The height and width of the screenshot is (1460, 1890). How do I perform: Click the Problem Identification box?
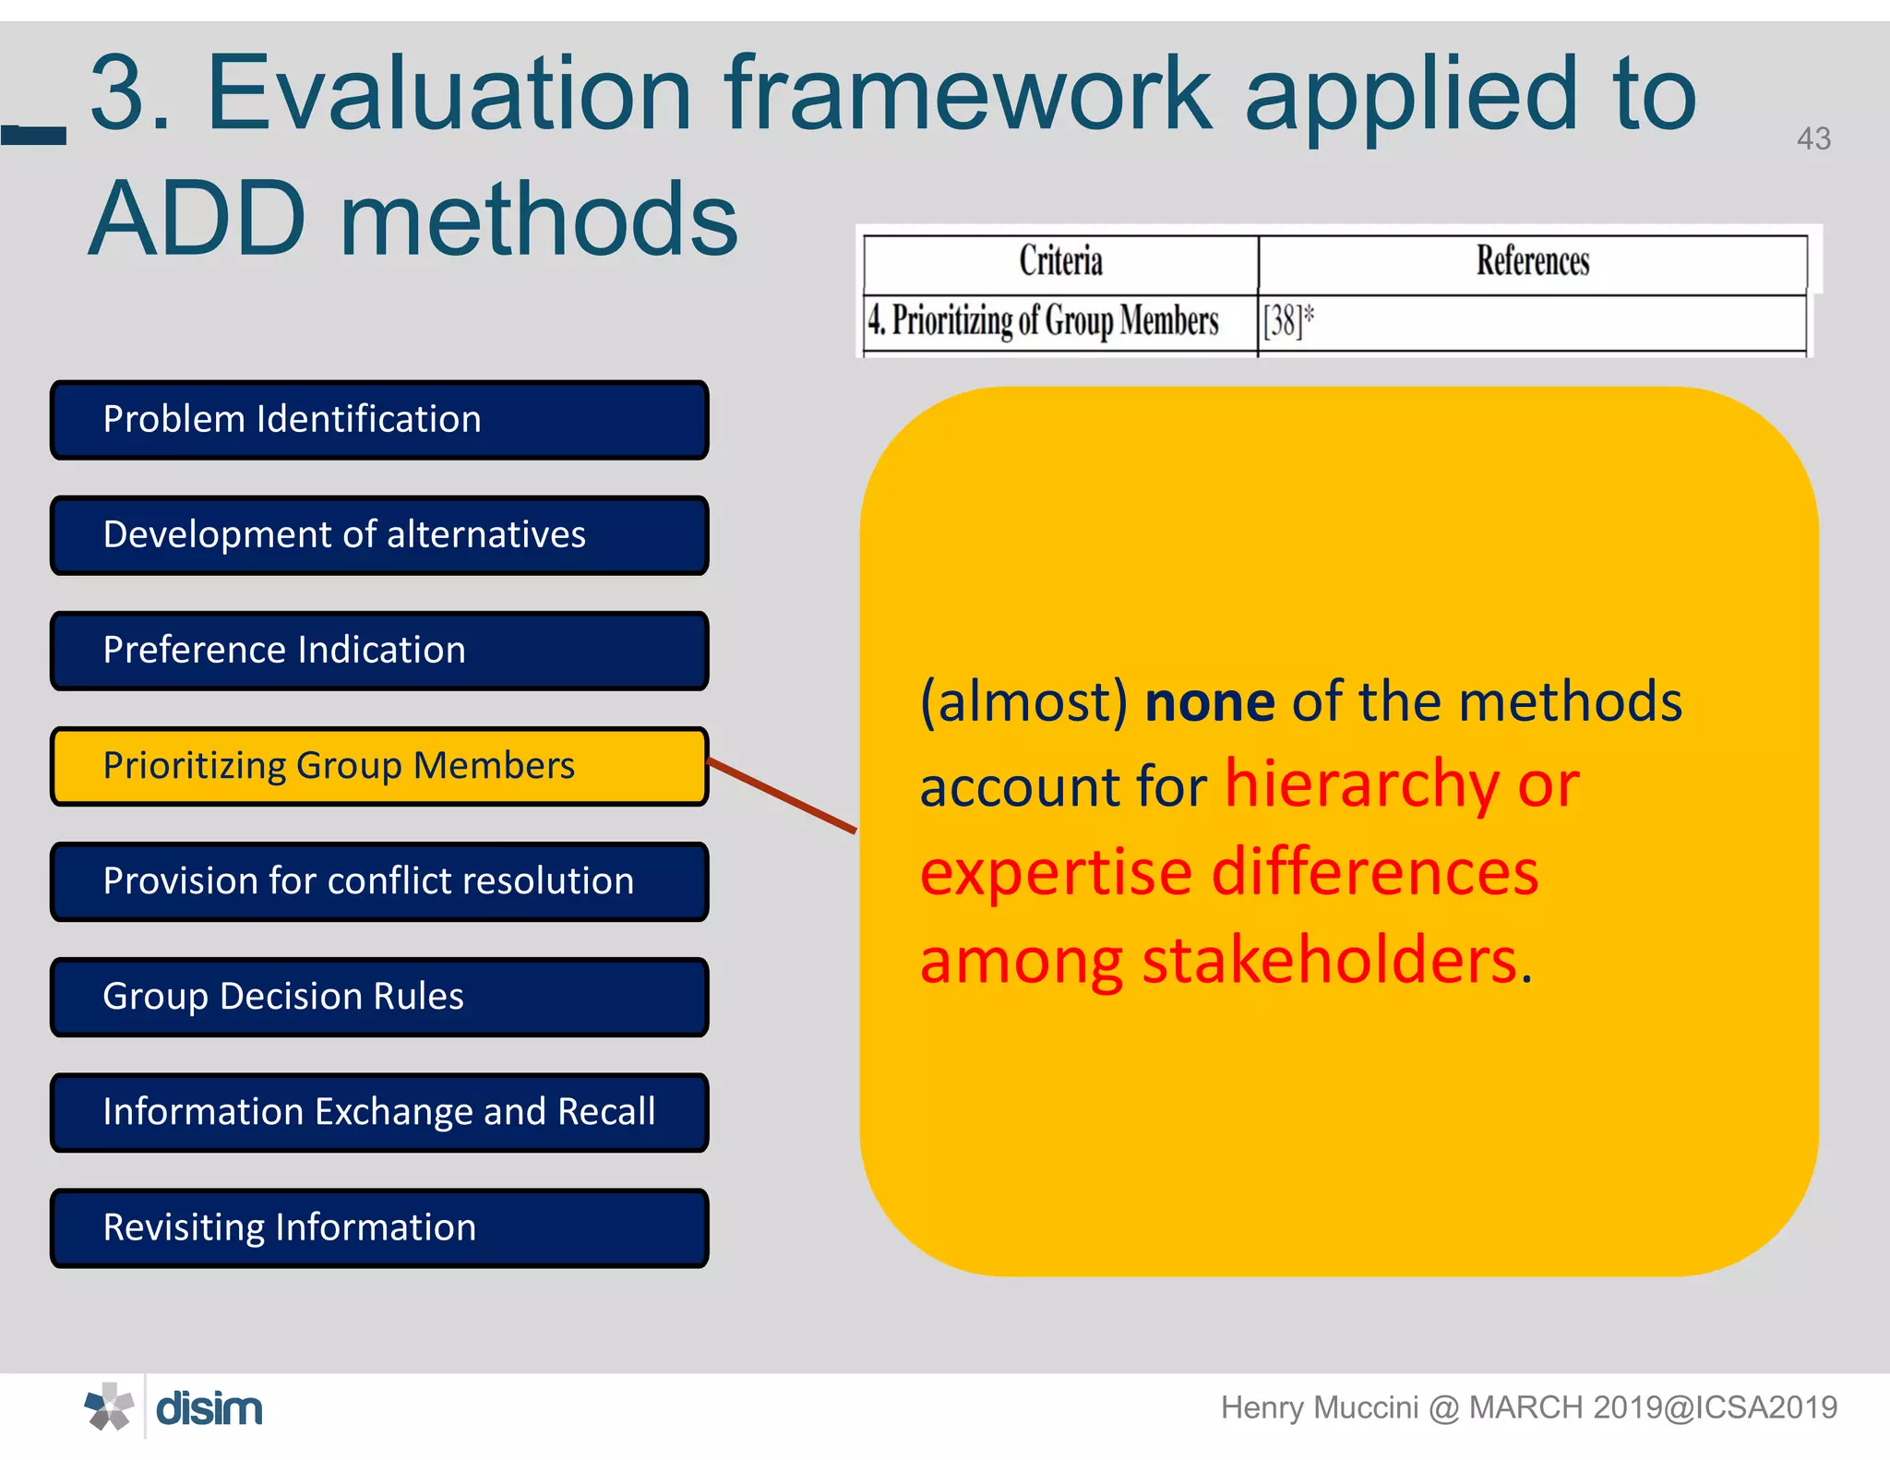(x=379, y=420)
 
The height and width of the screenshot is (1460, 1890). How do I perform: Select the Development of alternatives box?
(x=379, y=535)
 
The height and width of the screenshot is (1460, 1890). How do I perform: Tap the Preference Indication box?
(x=379, y=651)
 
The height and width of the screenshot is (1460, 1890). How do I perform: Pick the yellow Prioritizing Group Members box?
(x=379, y=766)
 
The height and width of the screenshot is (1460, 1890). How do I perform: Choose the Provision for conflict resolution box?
(x=379, y=881)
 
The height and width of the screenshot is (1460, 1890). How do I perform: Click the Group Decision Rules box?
(x=379, y=997)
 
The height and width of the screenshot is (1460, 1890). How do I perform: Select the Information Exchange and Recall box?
(x=379, y=1112)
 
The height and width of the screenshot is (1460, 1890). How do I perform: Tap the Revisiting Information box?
(x=379, y=1227)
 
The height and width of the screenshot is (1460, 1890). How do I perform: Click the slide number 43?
(x=1812, y=139)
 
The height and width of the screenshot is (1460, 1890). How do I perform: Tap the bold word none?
(x=1210, y=702)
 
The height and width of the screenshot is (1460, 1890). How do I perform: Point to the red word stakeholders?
(x=1330, y=961)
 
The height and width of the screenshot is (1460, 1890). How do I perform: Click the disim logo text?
(x=209, y=1409)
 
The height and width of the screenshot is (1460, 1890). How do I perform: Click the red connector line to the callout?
(x=782, y=796)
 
